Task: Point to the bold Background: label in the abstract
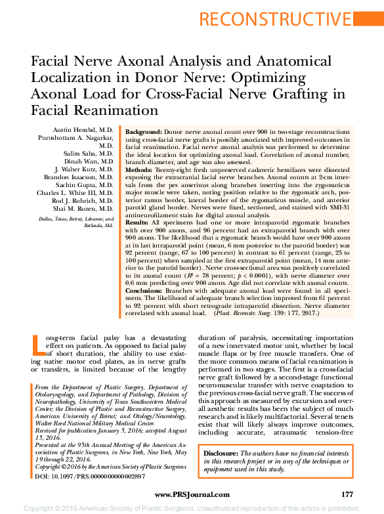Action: click(x=147, y=132)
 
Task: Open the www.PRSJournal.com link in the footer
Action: click(x=192, y=494)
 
